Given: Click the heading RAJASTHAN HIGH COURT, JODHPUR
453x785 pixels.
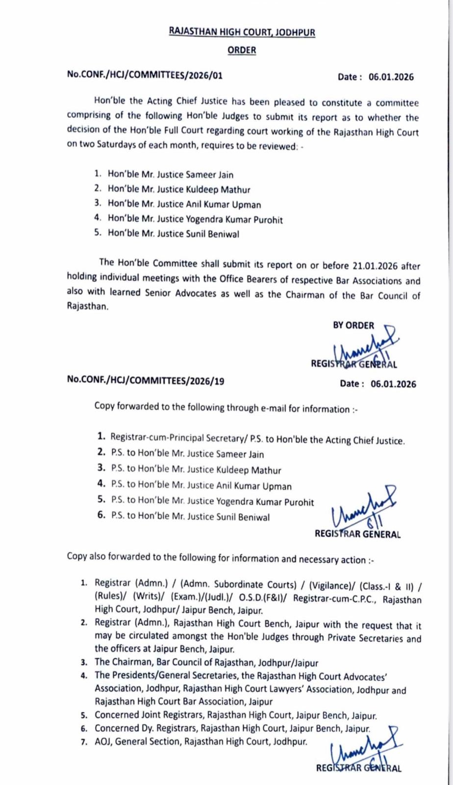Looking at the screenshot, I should click(242, 32).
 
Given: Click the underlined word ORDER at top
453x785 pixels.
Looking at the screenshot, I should click(242, 50).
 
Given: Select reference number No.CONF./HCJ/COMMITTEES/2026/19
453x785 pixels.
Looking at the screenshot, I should click(146, 381).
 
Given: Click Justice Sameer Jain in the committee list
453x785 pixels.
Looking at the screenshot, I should click(171, 174).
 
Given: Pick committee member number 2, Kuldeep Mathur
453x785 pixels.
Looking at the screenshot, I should click(179, 189).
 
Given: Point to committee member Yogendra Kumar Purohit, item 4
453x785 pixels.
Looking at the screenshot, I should click(195, 219).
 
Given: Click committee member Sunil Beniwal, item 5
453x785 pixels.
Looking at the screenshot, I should click(174, 234).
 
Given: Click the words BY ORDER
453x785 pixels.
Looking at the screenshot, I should click(353, 325).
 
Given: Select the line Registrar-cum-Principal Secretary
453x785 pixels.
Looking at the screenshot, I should click(257, 440).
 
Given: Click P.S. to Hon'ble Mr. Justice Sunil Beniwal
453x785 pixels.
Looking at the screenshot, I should click(190, 517).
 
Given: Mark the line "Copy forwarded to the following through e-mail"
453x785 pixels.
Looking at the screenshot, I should click(226, 408).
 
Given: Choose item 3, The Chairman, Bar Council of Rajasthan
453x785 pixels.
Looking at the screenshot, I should click(206, 662).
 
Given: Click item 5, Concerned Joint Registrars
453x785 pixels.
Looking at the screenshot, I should click(235, 715).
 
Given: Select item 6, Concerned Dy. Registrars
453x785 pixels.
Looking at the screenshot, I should click(232, 729).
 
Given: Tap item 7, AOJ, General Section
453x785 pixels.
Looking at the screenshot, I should click(201, 742).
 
